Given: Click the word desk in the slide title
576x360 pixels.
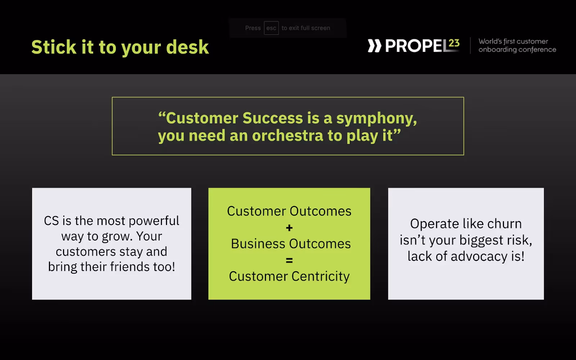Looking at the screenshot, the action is coord(187,47).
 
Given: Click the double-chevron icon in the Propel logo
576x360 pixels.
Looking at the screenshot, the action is coord(374,46).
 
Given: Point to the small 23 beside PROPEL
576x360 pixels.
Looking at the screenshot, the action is coord(454,43).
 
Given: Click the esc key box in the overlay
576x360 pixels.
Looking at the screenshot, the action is coord(271,28).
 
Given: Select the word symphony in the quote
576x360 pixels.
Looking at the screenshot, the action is coord(377,119).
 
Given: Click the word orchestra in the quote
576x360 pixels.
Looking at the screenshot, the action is coord(288,135).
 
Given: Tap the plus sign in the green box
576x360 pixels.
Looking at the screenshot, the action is coord(289,228).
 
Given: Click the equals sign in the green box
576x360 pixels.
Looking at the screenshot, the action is coord(289,261).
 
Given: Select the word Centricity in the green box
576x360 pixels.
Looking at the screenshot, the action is coord(320,276).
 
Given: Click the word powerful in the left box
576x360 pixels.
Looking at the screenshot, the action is coord(154,221).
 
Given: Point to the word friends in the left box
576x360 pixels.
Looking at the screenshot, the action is coord(128,266).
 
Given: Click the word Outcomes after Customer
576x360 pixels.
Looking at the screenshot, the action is coord(320,211).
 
